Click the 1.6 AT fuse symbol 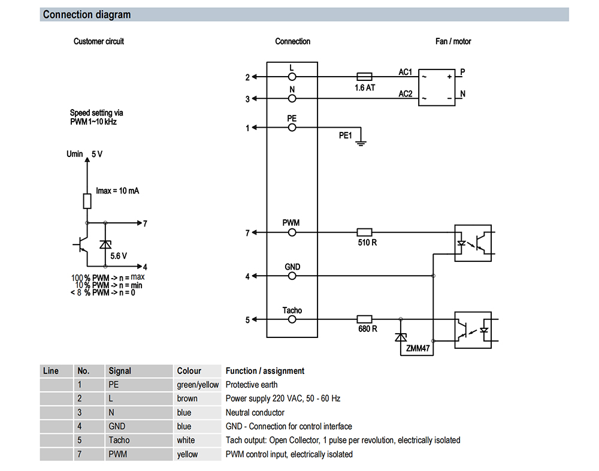point(364,77)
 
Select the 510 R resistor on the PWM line point(364,232)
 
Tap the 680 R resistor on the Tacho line point(364,319)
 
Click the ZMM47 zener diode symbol point(400,337)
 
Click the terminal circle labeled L point(292,77)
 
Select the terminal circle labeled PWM point(292,233)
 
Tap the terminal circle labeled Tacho point(292,319)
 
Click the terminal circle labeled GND point(292,276)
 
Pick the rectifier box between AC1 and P point(437,87)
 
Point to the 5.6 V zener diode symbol point(105,244)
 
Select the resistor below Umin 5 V point(87,201)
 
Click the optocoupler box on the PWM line point(473,243)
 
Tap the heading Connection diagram point(87,14)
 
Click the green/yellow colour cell point(198,385)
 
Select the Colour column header point(189,371)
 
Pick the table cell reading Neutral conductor point(255,412)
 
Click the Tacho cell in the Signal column point(119,440)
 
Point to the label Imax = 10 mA point(117,191)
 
